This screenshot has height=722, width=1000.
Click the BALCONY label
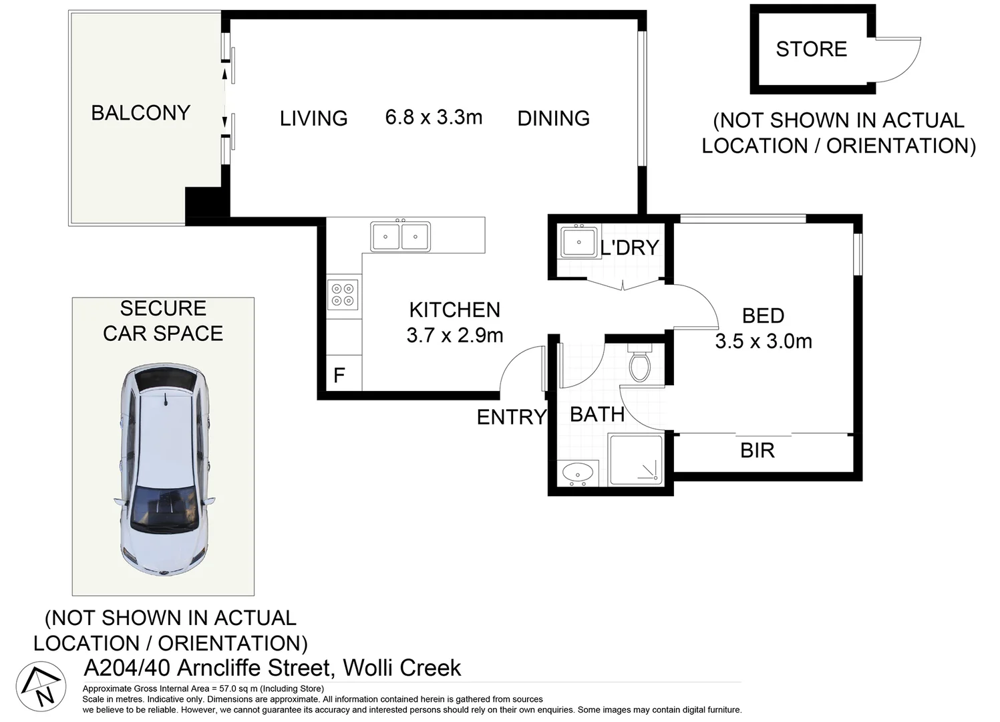(x=141, y=113)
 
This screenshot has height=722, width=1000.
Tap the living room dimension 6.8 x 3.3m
(x=434, y=118)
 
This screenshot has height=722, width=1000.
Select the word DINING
(x=554, y=118)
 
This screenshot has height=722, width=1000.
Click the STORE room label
(x=811, y=49)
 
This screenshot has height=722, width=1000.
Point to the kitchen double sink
(x=400, y=237)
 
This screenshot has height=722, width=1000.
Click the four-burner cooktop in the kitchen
(x=343, y=294)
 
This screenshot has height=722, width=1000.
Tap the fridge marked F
(x=344, y=372)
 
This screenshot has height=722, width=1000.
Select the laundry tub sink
(x=579, y=242)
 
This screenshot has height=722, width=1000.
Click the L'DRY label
(x=629, y=247)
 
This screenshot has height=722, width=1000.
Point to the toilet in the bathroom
(x=640, y=362)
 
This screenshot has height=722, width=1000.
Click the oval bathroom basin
(x=578, y=472)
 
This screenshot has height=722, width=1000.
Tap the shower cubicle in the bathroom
(x=635, y=459)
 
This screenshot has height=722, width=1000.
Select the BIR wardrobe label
(x=757, y=451)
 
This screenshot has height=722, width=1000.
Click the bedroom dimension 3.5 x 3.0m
(x=764, y=342)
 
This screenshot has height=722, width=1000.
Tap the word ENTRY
(x=512, y=417)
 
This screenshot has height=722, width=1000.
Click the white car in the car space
(x=165, y=470)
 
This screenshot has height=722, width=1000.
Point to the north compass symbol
(x=41, y=687)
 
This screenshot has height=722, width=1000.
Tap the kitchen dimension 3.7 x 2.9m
(x=455, y=335)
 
